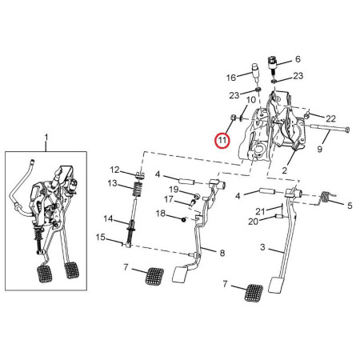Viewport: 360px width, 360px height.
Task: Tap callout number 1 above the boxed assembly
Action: click(x=46, y=138)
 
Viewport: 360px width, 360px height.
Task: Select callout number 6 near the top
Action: click(x=298, y=59)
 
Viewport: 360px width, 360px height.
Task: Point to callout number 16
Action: click(x=230, y=78)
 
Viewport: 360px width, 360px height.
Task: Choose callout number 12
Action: click(x=114, y=170)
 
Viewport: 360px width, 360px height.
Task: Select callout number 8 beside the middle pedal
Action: click(x=222, y=253)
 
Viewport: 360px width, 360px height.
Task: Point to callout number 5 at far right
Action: click(x=349, y=206)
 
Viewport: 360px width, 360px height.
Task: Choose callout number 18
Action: click(x=160, y=214)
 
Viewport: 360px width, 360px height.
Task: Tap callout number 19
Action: click(x=171, y=190)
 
